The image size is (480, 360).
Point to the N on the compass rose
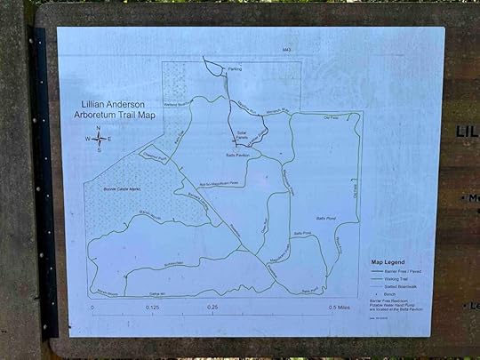(98, 128)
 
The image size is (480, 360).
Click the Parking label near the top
(235, 68)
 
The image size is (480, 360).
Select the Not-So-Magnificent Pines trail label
(219, 183)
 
